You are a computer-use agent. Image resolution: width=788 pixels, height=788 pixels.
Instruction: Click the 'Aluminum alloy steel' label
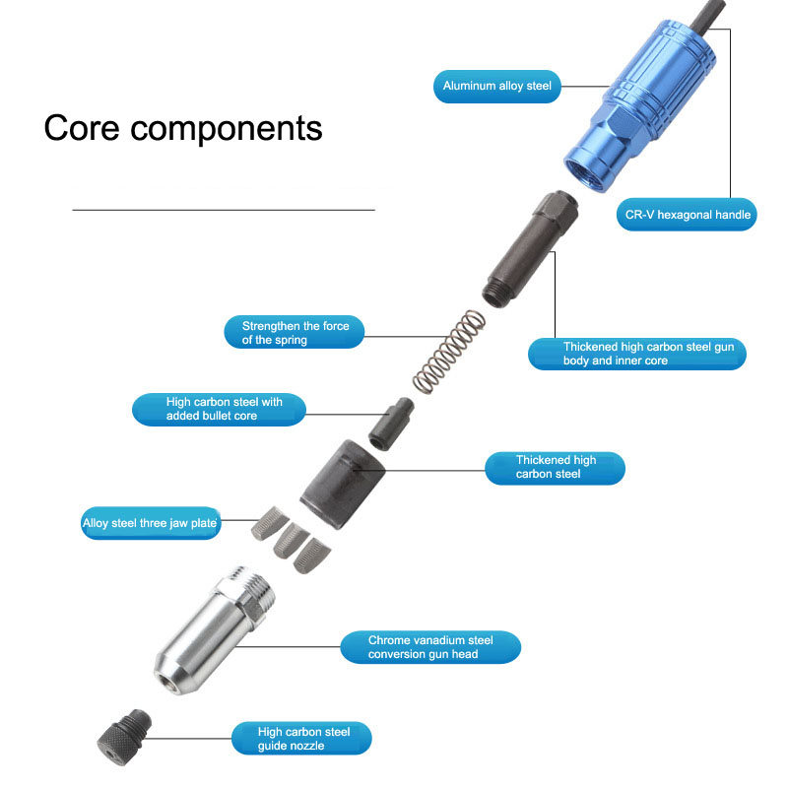[496, 87]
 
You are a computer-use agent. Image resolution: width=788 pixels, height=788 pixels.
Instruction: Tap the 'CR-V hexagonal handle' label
[689, 215]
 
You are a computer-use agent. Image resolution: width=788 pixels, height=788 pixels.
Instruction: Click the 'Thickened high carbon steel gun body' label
[636, 354]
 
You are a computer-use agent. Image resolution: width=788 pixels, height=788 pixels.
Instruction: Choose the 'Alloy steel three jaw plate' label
[150, 524]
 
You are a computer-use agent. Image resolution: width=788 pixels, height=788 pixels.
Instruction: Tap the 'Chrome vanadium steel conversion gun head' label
[430, 647]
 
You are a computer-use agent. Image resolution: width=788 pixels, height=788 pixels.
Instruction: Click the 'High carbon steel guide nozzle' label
[304, 739]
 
